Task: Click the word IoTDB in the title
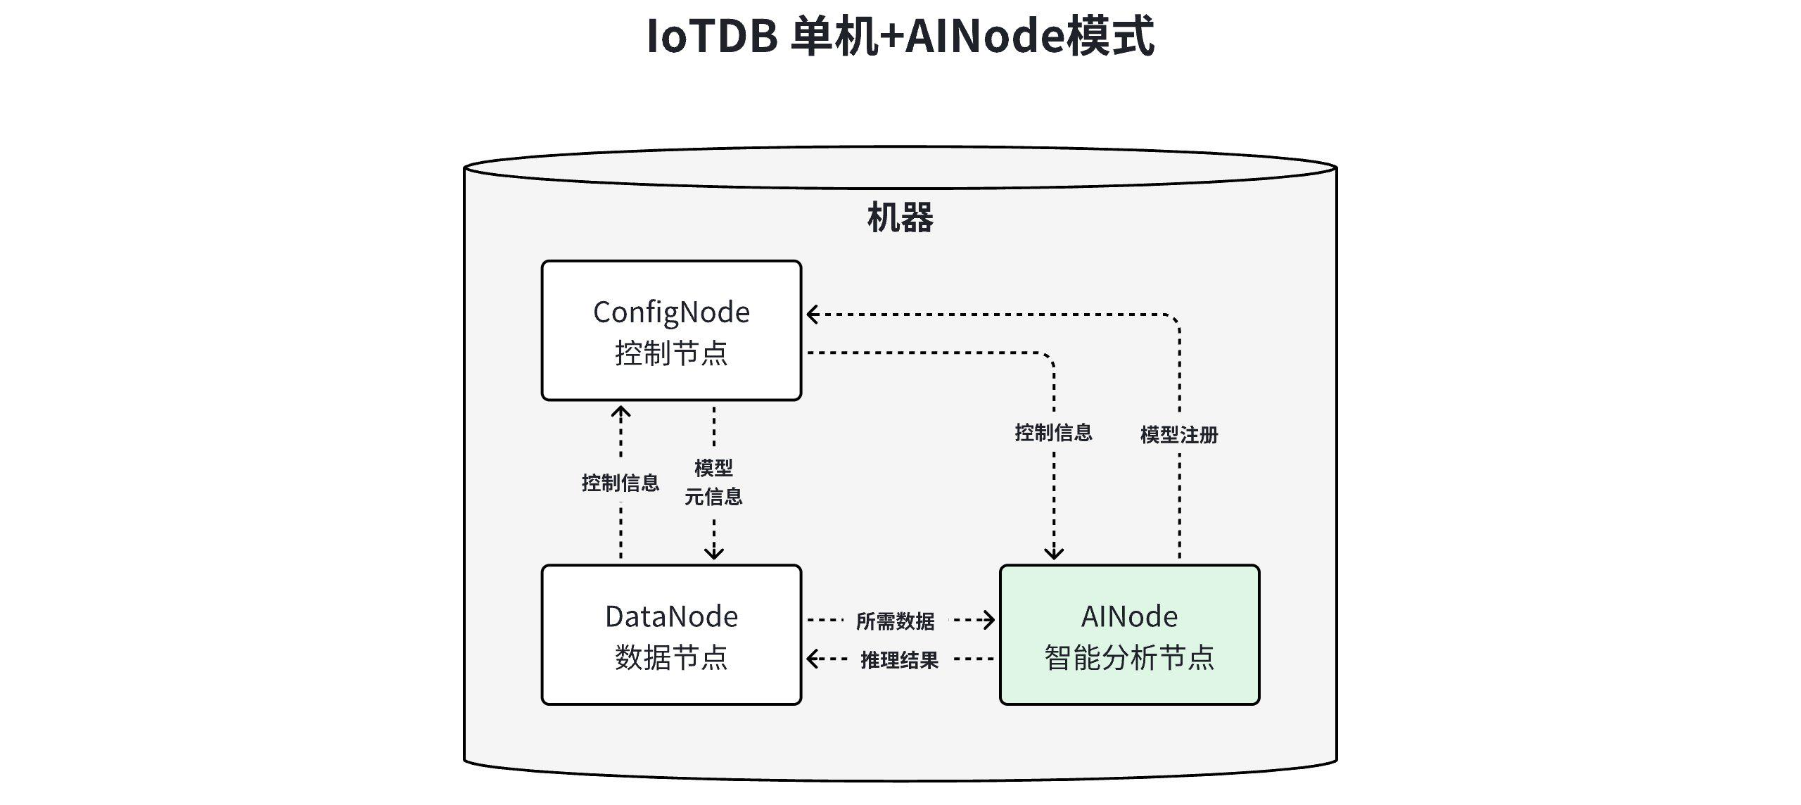pos(711,37)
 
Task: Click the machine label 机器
pos(900,217)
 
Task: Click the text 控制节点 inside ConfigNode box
pos(671,353)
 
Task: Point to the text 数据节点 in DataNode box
pos(671,658)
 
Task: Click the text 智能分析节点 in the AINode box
pos(1129,658)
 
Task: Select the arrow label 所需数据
pos(895,621)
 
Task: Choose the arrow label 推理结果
pos(899,660)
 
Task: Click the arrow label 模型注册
pos(1179,435)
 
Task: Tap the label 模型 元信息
pos(713,483)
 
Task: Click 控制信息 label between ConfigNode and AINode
pos(1053,432)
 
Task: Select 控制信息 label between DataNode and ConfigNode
pos(621,483)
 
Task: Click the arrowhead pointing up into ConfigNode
pos(621,411)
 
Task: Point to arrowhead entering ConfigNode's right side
pos(812,315)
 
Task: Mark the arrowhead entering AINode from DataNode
pos(989,620)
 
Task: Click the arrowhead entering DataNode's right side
pos(813,659)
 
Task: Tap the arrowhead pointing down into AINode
pos(1054,554)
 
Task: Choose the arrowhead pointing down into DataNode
pos(714,554)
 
